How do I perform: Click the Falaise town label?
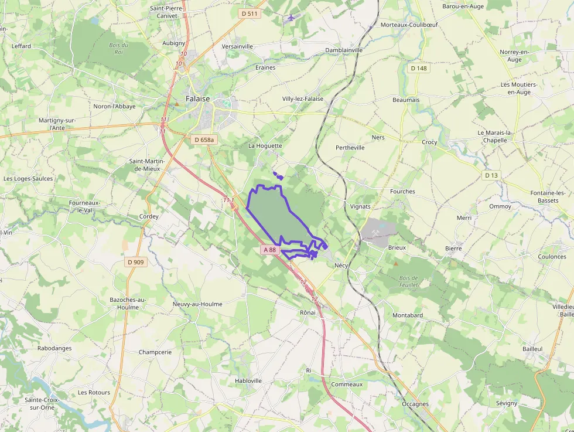[x=197, y=99]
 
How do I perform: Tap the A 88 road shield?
[x=269, y=250]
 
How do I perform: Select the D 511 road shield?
[x=249, y=13]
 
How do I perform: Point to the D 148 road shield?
[x=419, y=68]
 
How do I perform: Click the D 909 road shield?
[x=135, y=262]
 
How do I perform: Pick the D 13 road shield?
[x=491, y=175]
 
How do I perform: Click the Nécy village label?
[x=341, y=266]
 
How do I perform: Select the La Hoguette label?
[x=265, y=146]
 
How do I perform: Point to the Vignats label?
[x=360, y=206]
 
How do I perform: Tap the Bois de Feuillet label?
[x=408, y=281]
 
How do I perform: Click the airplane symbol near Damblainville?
[x=292, y=17]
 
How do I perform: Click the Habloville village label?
[x=248, y=380]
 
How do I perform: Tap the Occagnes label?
[x=415, y=404]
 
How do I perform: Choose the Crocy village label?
[x=429, y=142]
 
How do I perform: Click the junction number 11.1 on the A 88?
[x=228, y=200]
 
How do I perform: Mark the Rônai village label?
[x=307, y=312]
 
